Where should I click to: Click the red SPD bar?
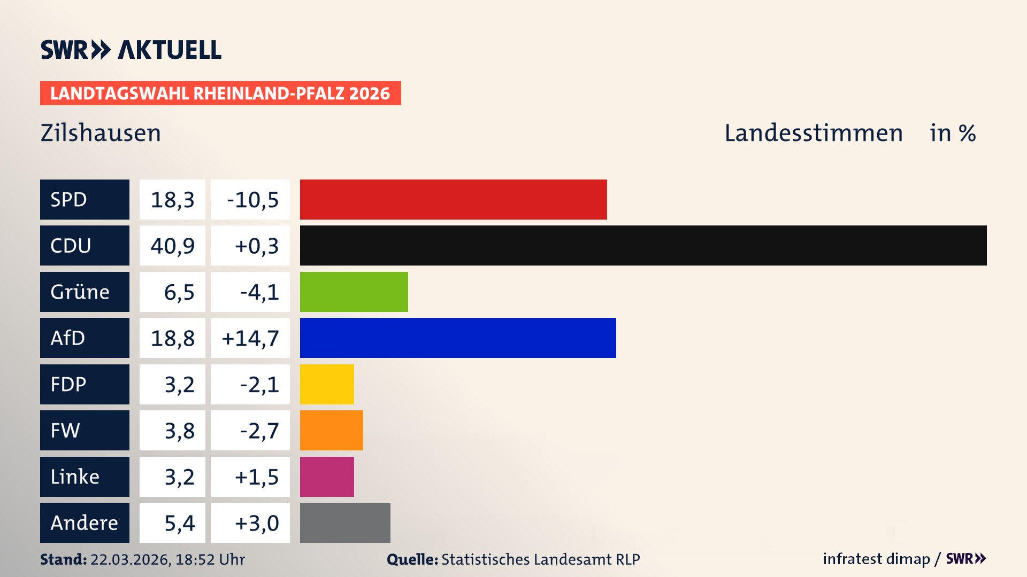[x=453, y=199]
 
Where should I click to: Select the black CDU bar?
[x=643, y=245]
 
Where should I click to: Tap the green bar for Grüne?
[x=354, y=292]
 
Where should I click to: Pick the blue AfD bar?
[x=458, y=338]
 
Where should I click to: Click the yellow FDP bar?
[x=327, y=384]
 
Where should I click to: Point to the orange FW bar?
[x=331, y=430]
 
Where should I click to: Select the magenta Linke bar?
[x=327, y=477]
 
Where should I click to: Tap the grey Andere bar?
[x=345, y=523]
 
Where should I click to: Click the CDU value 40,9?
[x=172, y=246]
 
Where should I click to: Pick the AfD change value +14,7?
[x=250, y=338]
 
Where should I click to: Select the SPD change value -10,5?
[x=252, y=200]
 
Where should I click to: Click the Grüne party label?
[x=80, y=292]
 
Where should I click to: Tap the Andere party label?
[x=84, y=523]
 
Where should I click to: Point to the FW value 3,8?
[x=179, y=431]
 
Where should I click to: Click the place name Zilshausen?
[x=101, y=133]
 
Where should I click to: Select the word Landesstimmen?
[x=813, y=133]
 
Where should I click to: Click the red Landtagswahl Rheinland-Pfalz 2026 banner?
[x=220, y=93]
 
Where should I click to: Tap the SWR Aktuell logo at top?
[x=131, y=50]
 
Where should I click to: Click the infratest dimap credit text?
[x=876, y=559]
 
